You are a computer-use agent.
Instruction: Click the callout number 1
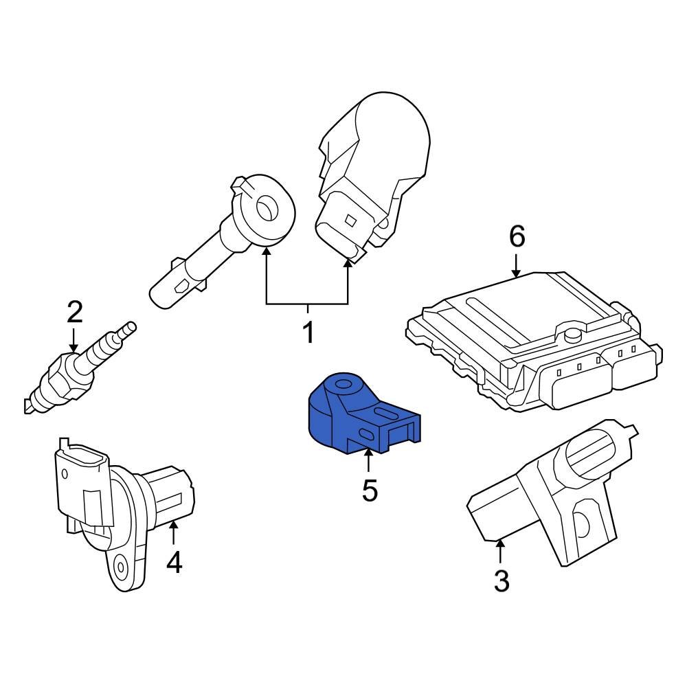(x=308, y=333)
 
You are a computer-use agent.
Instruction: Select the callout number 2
(x=74, y=313)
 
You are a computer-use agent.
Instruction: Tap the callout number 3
(x=502, y=581)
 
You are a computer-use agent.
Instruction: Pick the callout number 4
(x=174, y=563)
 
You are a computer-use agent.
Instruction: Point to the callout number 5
(x=370, y=491)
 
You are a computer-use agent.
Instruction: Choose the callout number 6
(x=517, y=237)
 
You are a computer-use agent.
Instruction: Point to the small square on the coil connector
(x=350, y=220)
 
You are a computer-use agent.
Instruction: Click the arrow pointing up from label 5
(x=369, y=460)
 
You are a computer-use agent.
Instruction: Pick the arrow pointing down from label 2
(x=74, y=342)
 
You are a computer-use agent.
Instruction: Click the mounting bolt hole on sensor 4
(x=121, y=567)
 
